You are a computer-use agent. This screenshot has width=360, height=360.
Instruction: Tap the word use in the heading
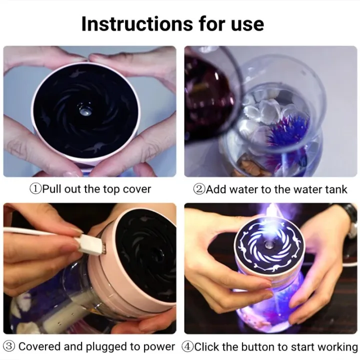coord(243,23)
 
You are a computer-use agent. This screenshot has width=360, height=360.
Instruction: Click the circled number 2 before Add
coord(199,189)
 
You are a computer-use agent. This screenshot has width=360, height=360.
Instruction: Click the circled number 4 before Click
coord(187,346)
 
